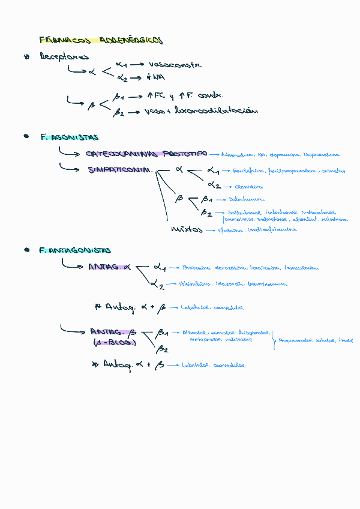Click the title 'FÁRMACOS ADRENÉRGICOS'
(101, 40)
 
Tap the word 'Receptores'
(64, 57)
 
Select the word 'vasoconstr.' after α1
(175, 64)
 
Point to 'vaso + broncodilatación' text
(201, 111)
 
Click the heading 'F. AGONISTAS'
(70, 137)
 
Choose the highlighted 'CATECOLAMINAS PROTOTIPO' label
(146, 154)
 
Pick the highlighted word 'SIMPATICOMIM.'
(120, 170)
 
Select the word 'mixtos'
(187, 229)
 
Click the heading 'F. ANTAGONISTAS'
(74, 250)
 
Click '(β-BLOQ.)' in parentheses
(114, 342)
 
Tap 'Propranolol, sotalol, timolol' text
(316, 340)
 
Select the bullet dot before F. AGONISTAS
(26, 137)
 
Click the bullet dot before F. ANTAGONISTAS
(26, 250)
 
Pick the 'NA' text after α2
(158, 77)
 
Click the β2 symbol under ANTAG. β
(162, 349)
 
